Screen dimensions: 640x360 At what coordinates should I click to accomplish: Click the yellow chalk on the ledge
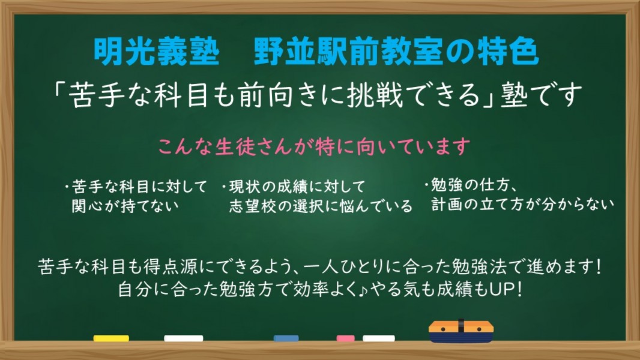111,338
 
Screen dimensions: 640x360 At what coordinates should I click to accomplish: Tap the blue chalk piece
286,338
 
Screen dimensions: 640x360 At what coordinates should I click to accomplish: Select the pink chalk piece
345,338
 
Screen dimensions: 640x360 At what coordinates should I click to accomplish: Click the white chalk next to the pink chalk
379,338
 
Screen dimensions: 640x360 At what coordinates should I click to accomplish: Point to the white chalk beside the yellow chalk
183,338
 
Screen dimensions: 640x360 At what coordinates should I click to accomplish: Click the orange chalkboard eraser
461,331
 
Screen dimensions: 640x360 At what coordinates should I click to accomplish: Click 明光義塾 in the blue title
157,52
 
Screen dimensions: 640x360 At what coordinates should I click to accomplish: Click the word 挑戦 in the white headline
375,95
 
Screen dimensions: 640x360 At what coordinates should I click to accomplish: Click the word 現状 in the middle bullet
245,187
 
